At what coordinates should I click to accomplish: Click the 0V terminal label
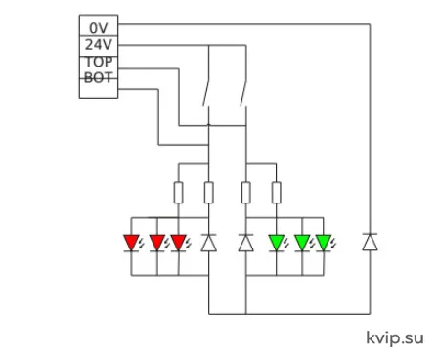pos(99,28)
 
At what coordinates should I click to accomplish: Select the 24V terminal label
pos(99,45)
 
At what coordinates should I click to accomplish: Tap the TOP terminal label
pos(99,62)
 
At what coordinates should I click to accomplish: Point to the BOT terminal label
pos(99,77)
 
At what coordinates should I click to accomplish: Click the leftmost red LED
pos(132,243)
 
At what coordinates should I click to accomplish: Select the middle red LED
pos(157,243)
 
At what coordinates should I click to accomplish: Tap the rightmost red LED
pos(179,243)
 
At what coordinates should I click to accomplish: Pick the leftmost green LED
pos(277,243)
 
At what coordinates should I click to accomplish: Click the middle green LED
pos(302,243)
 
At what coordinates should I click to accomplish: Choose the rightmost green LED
pos(324,243)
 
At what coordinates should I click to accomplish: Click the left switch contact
pos(206,93)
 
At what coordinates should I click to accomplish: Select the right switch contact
pos(243,93)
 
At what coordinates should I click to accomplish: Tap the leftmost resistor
pos(178,193)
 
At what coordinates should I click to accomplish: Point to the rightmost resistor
pos(277,193)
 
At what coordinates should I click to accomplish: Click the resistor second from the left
pos(209,193)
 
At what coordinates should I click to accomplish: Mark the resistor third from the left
pos(246,193)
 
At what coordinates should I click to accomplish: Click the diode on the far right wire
pos(370,242)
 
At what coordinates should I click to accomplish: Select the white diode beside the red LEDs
pos(209,243)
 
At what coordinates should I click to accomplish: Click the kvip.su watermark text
pos(395,338)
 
